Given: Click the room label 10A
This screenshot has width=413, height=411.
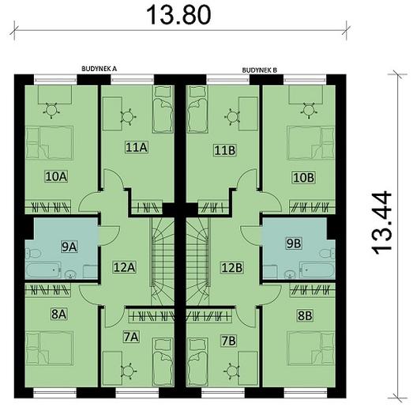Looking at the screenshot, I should click(54, 177).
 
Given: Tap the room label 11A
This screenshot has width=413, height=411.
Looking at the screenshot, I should click(137, 146).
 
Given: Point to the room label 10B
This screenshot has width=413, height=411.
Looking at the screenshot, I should click(304, 177).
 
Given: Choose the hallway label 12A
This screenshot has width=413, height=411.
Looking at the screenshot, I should click(125, 267).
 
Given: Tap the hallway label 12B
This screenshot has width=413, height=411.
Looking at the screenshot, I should click(232, 267).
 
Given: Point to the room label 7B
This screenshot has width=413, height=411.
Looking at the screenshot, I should click(228, 341).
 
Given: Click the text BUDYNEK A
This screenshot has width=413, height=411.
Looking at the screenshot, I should click(99, 70).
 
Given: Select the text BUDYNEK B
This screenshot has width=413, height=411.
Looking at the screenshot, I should click(260, 70).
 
